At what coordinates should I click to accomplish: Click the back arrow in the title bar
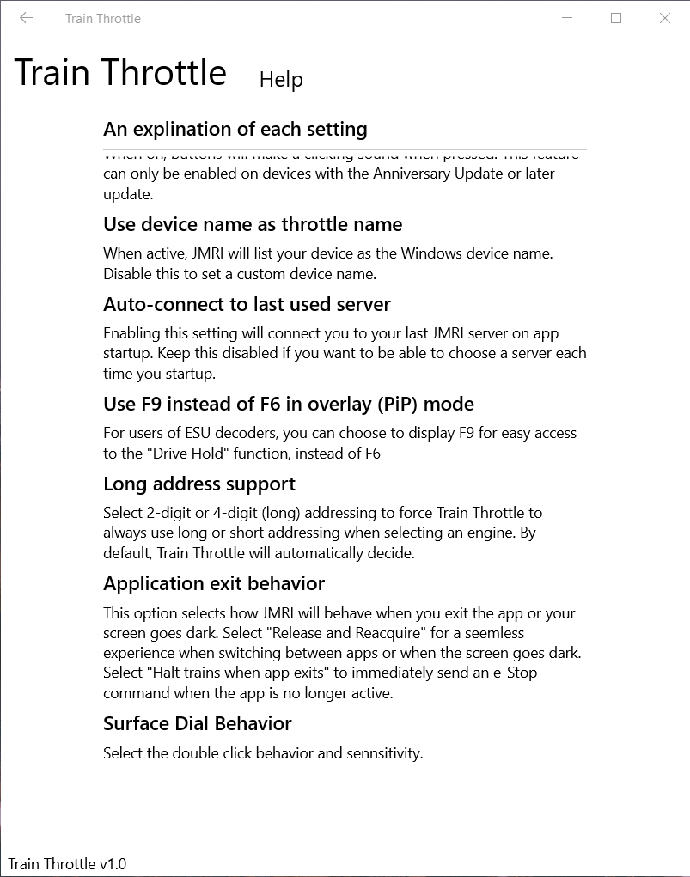(x=26, y=18)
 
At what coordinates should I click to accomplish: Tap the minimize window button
(x=567, y=18)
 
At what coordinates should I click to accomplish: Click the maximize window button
(x=616, y=18)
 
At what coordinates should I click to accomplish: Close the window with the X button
(x=665, y=18)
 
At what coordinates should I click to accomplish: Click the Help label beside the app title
(x=281, y=80)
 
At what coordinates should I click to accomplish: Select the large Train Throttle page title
(x=120, y=73)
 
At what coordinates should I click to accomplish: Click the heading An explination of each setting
(x=235, y=130)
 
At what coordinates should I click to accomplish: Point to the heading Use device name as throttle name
(x=253, y=225)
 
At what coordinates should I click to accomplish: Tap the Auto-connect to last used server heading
(x=247, y=305)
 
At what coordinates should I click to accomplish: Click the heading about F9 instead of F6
(x=288, y=405)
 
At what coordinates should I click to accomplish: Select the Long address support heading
(x=199, y=484)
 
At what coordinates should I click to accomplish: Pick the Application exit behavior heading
(x=214, y=584)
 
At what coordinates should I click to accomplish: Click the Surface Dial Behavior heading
(x=198, y=724)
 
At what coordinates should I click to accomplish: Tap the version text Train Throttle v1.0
(x=67, y=864)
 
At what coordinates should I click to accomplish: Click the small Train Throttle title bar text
(x=103, y=19)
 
